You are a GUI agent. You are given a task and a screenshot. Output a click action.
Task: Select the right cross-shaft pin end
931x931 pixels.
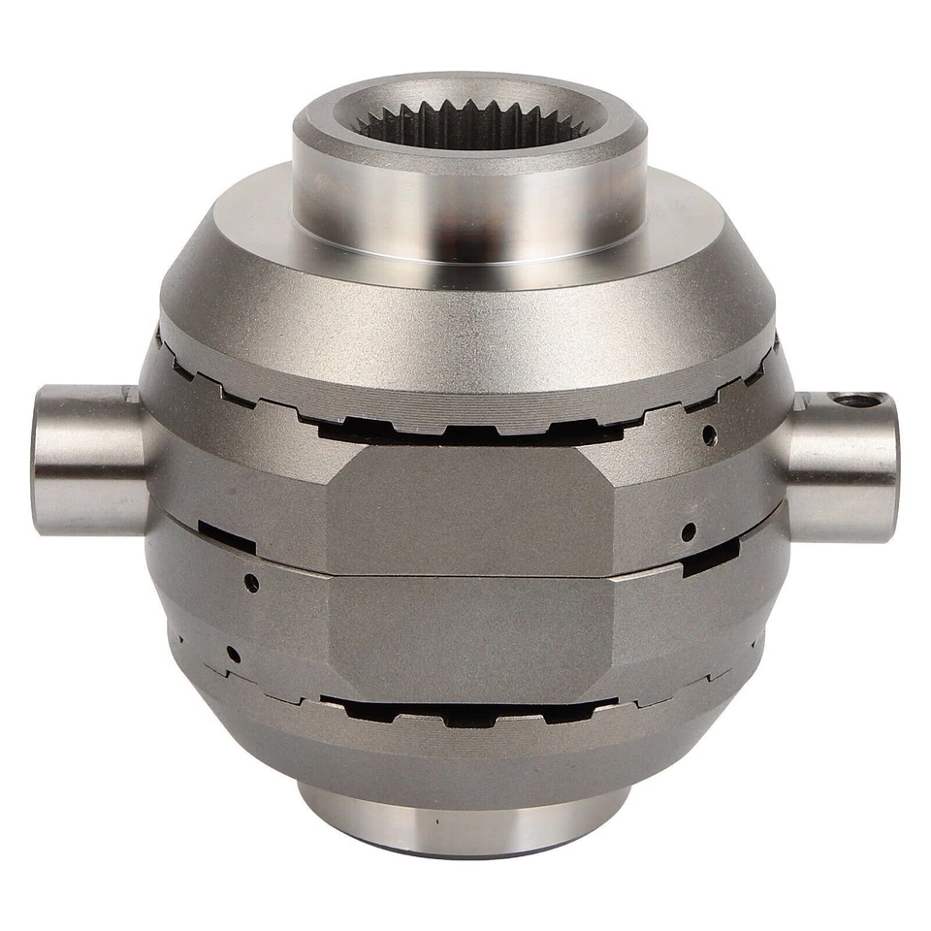[x=844, y=465]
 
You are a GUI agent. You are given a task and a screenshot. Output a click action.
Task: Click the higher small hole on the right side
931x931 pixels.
[x=710, y=433]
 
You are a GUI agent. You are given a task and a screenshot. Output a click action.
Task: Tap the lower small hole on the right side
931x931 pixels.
[x=688, y=530]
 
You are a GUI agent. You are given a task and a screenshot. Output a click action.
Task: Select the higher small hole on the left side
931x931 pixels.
[x=251, y=582]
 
